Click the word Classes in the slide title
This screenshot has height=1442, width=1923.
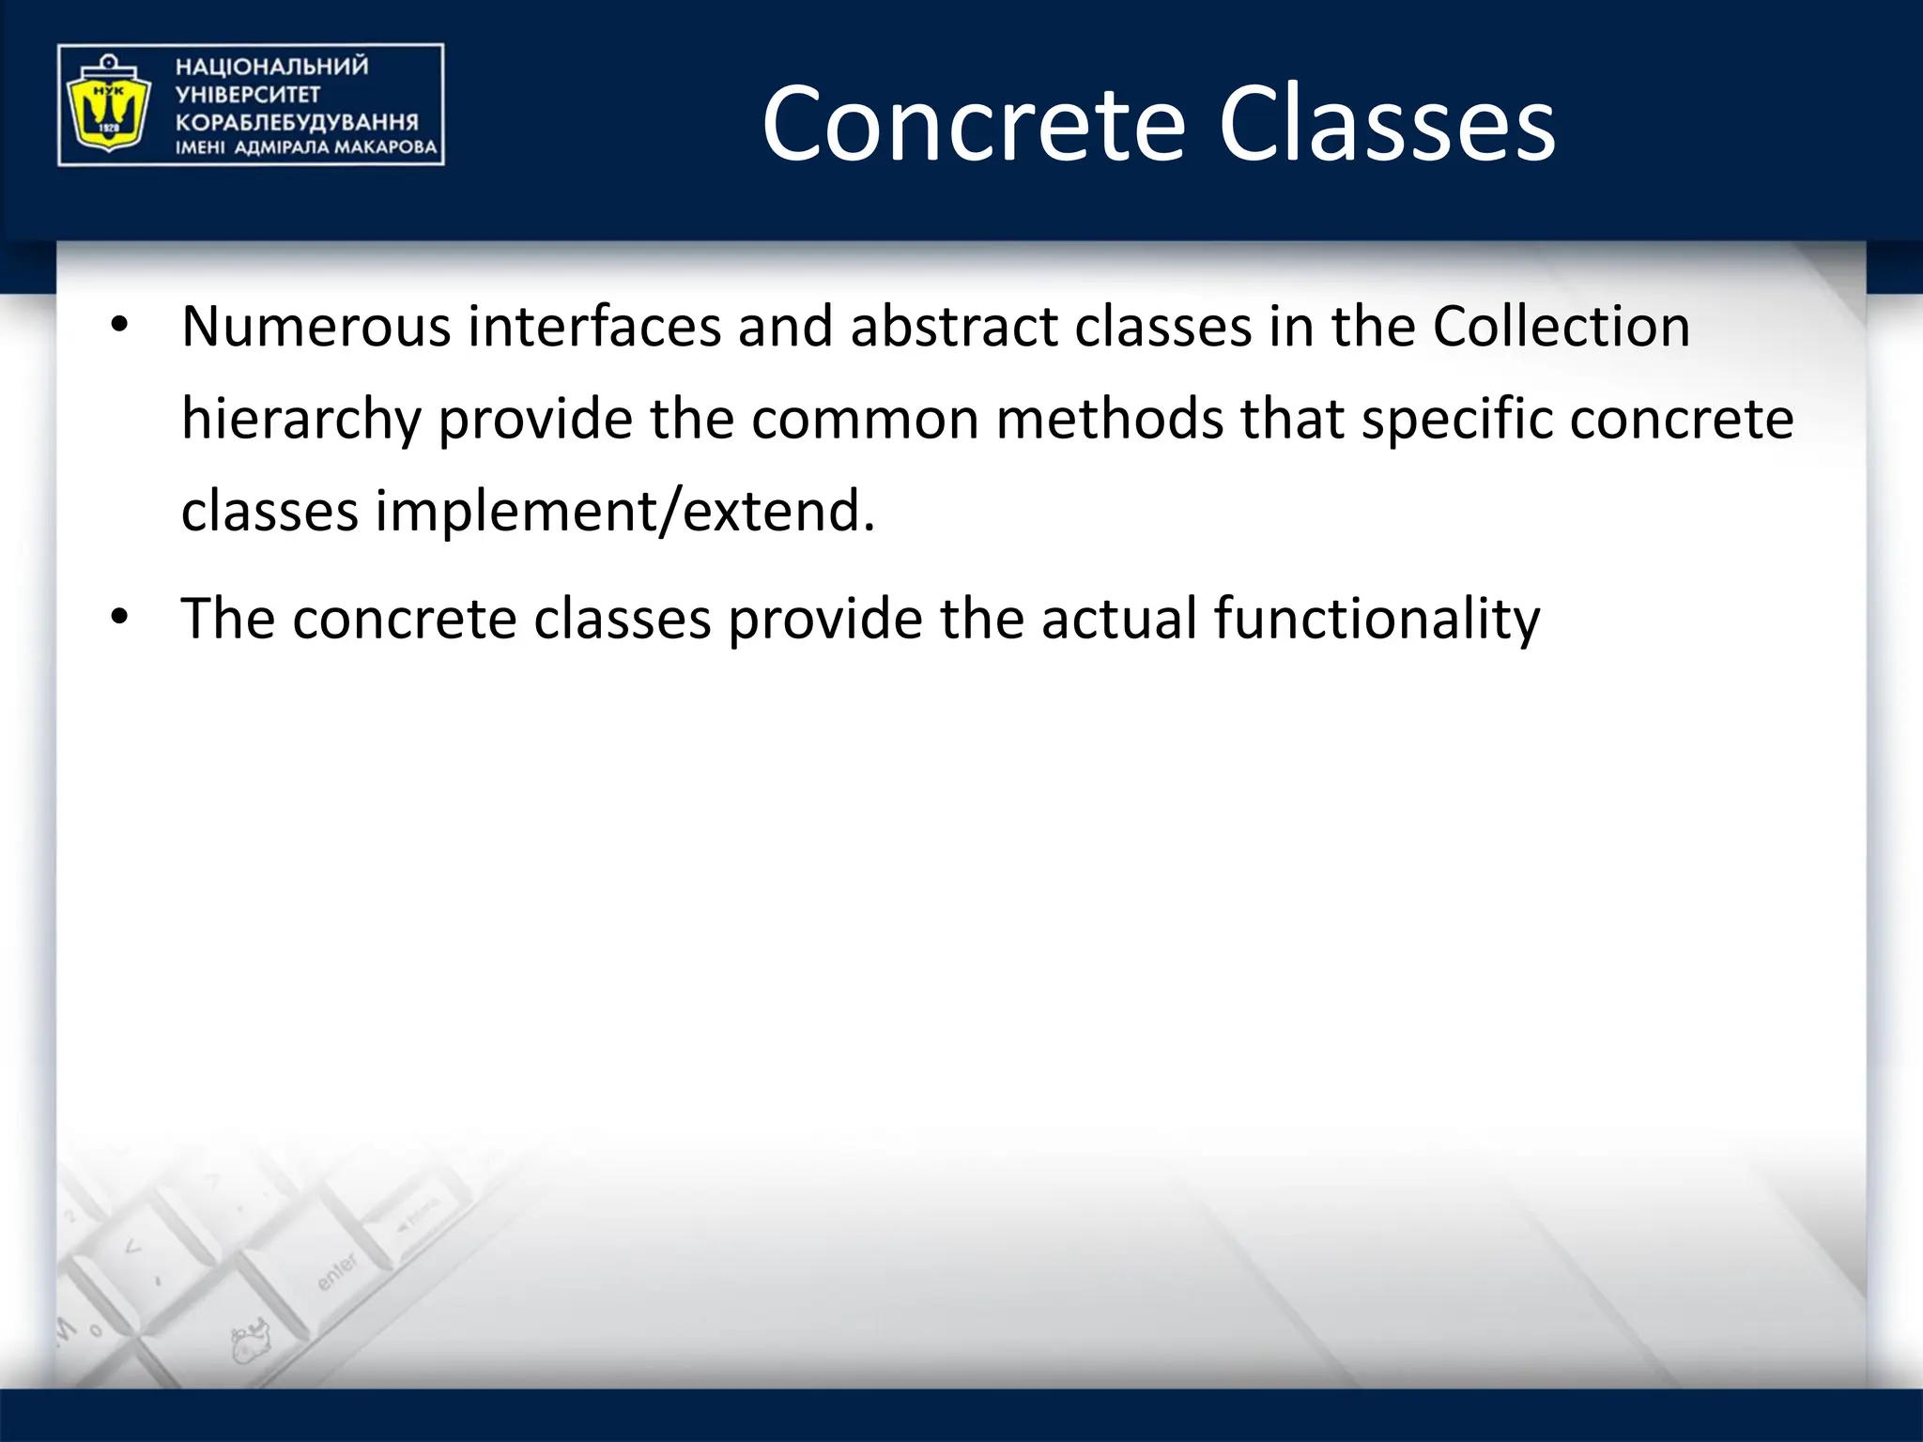pos(1387,125)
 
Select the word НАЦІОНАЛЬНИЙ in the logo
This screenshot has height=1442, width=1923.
pos(272,67)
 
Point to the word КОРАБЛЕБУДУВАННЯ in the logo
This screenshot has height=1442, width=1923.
pos(297,122)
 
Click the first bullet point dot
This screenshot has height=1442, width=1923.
pos(118,326)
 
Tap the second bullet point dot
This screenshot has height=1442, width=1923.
pos(118,618)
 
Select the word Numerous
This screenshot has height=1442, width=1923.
pos(316,327)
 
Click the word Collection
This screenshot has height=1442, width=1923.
pos(1561,327)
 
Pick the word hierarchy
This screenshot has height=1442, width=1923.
pos(301,420)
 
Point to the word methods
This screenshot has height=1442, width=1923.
pos(1110,419)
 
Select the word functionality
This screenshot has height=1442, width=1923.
pos(1377,620)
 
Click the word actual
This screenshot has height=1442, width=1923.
pos(1118,619)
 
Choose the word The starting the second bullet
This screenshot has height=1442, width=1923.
pos(227,619)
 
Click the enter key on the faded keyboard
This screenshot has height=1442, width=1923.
pos(336,1270)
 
